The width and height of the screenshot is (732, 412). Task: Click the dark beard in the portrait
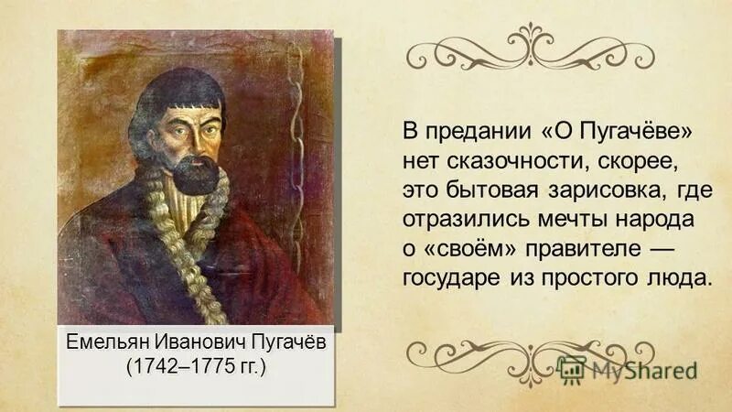(196, 174)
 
